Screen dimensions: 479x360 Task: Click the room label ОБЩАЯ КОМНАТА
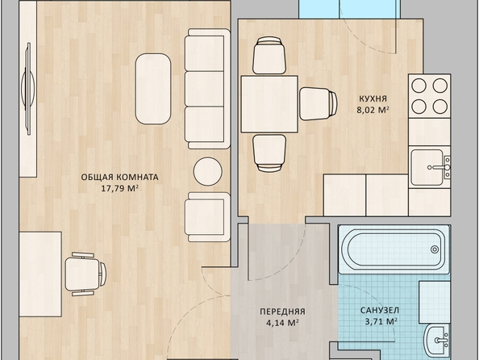pyautogui.click(x=119, y=177)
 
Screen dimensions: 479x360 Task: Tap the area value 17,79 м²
pyautogui.click(x=119, y=188)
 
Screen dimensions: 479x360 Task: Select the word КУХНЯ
pyautogui.click(x=373, y=98)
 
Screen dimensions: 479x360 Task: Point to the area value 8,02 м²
pyautogui.click(x=373, y=110)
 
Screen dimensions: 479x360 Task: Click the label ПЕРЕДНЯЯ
pyautogui.click(x=282, y=312)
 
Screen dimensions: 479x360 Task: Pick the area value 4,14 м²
pyautogui.click(x=282, y=323)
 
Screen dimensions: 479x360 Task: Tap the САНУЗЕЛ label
pyautogui.click(x=380, y=310)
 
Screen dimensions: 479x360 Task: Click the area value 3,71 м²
pyautogui.click(x=381, y=321)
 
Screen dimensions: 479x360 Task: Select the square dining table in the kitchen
pyautogui.click(x=269, y=104)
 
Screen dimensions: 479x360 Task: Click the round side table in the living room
pyautogui.click(x=208, y=171)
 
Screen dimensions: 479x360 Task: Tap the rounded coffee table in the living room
pyautogui.click(x=153, y=89)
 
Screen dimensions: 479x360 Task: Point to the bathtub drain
pyautogui.click(x=435, y=249)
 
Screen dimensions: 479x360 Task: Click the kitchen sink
pyautogui.click(x=427, y=167)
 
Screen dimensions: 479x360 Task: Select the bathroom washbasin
pyautogui.click(x=437, y=340)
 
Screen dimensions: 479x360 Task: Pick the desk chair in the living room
pyautogui.click(x=85, y=274)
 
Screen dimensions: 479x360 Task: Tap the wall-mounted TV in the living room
pyautogui.click(x=27, y=89)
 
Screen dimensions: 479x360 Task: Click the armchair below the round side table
pyautogui.click(x=207, y=217)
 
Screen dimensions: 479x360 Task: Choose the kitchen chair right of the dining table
pyautogui.click(x=319, y=103)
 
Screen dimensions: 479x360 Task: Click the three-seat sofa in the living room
pyautogui.click(x=207, y=89)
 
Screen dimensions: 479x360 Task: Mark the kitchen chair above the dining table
pyautogui.click(x=269, y=56)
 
